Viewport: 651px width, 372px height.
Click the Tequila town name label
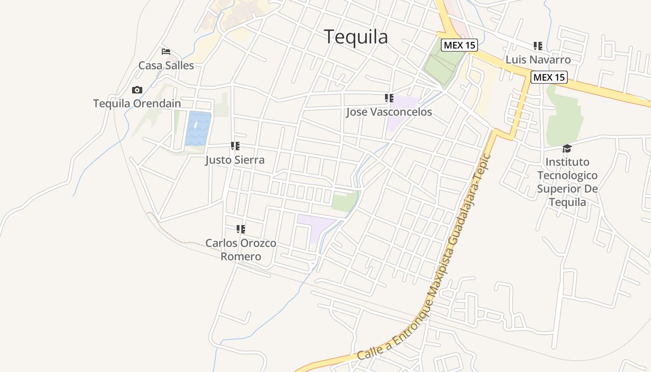(356, 37)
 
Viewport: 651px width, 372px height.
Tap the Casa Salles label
(166, 66)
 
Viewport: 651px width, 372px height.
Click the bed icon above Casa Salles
(166, 52)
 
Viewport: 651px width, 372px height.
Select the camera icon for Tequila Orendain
(137, 90)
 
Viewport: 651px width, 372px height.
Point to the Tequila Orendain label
(137, 103)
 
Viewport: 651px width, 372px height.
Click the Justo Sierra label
(235, 160)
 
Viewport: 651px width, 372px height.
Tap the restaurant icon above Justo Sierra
(235, 146)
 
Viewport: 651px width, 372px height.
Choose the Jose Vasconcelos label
(389, 112)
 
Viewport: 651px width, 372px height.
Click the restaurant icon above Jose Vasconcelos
(389, 98)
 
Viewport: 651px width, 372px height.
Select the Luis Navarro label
(538, 60)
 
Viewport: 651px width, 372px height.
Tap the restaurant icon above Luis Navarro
(538, 46)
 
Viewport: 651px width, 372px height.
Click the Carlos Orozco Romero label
(241, 250)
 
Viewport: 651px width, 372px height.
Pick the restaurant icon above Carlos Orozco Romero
(240, 229)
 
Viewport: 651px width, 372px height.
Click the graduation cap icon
(567, 148)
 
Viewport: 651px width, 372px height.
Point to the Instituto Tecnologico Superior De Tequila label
(567, 182)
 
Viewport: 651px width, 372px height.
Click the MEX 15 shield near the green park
(459, 45)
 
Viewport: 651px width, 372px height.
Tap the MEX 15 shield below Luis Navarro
(549, 77)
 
